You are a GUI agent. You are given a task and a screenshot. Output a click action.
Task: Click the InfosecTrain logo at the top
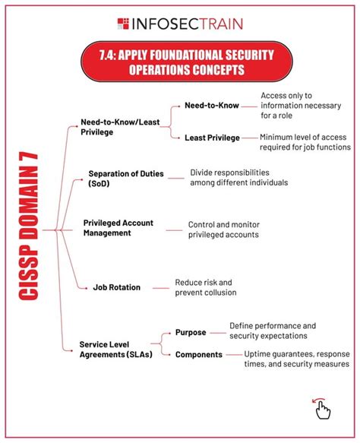[180, 23]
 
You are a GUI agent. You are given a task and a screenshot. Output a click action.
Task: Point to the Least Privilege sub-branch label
[212, 138]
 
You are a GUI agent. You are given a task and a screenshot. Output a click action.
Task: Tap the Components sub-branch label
[198, 355]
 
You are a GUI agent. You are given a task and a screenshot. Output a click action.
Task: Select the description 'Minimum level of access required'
[305, 142]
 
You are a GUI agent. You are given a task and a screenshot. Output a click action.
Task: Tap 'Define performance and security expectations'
[272, 330]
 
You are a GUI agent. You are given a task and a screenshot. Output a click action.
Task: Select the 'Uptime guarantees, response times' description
[296, 359]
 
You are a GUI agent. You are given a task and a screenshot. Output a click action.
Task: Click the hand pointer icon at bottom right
[321, 409]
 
